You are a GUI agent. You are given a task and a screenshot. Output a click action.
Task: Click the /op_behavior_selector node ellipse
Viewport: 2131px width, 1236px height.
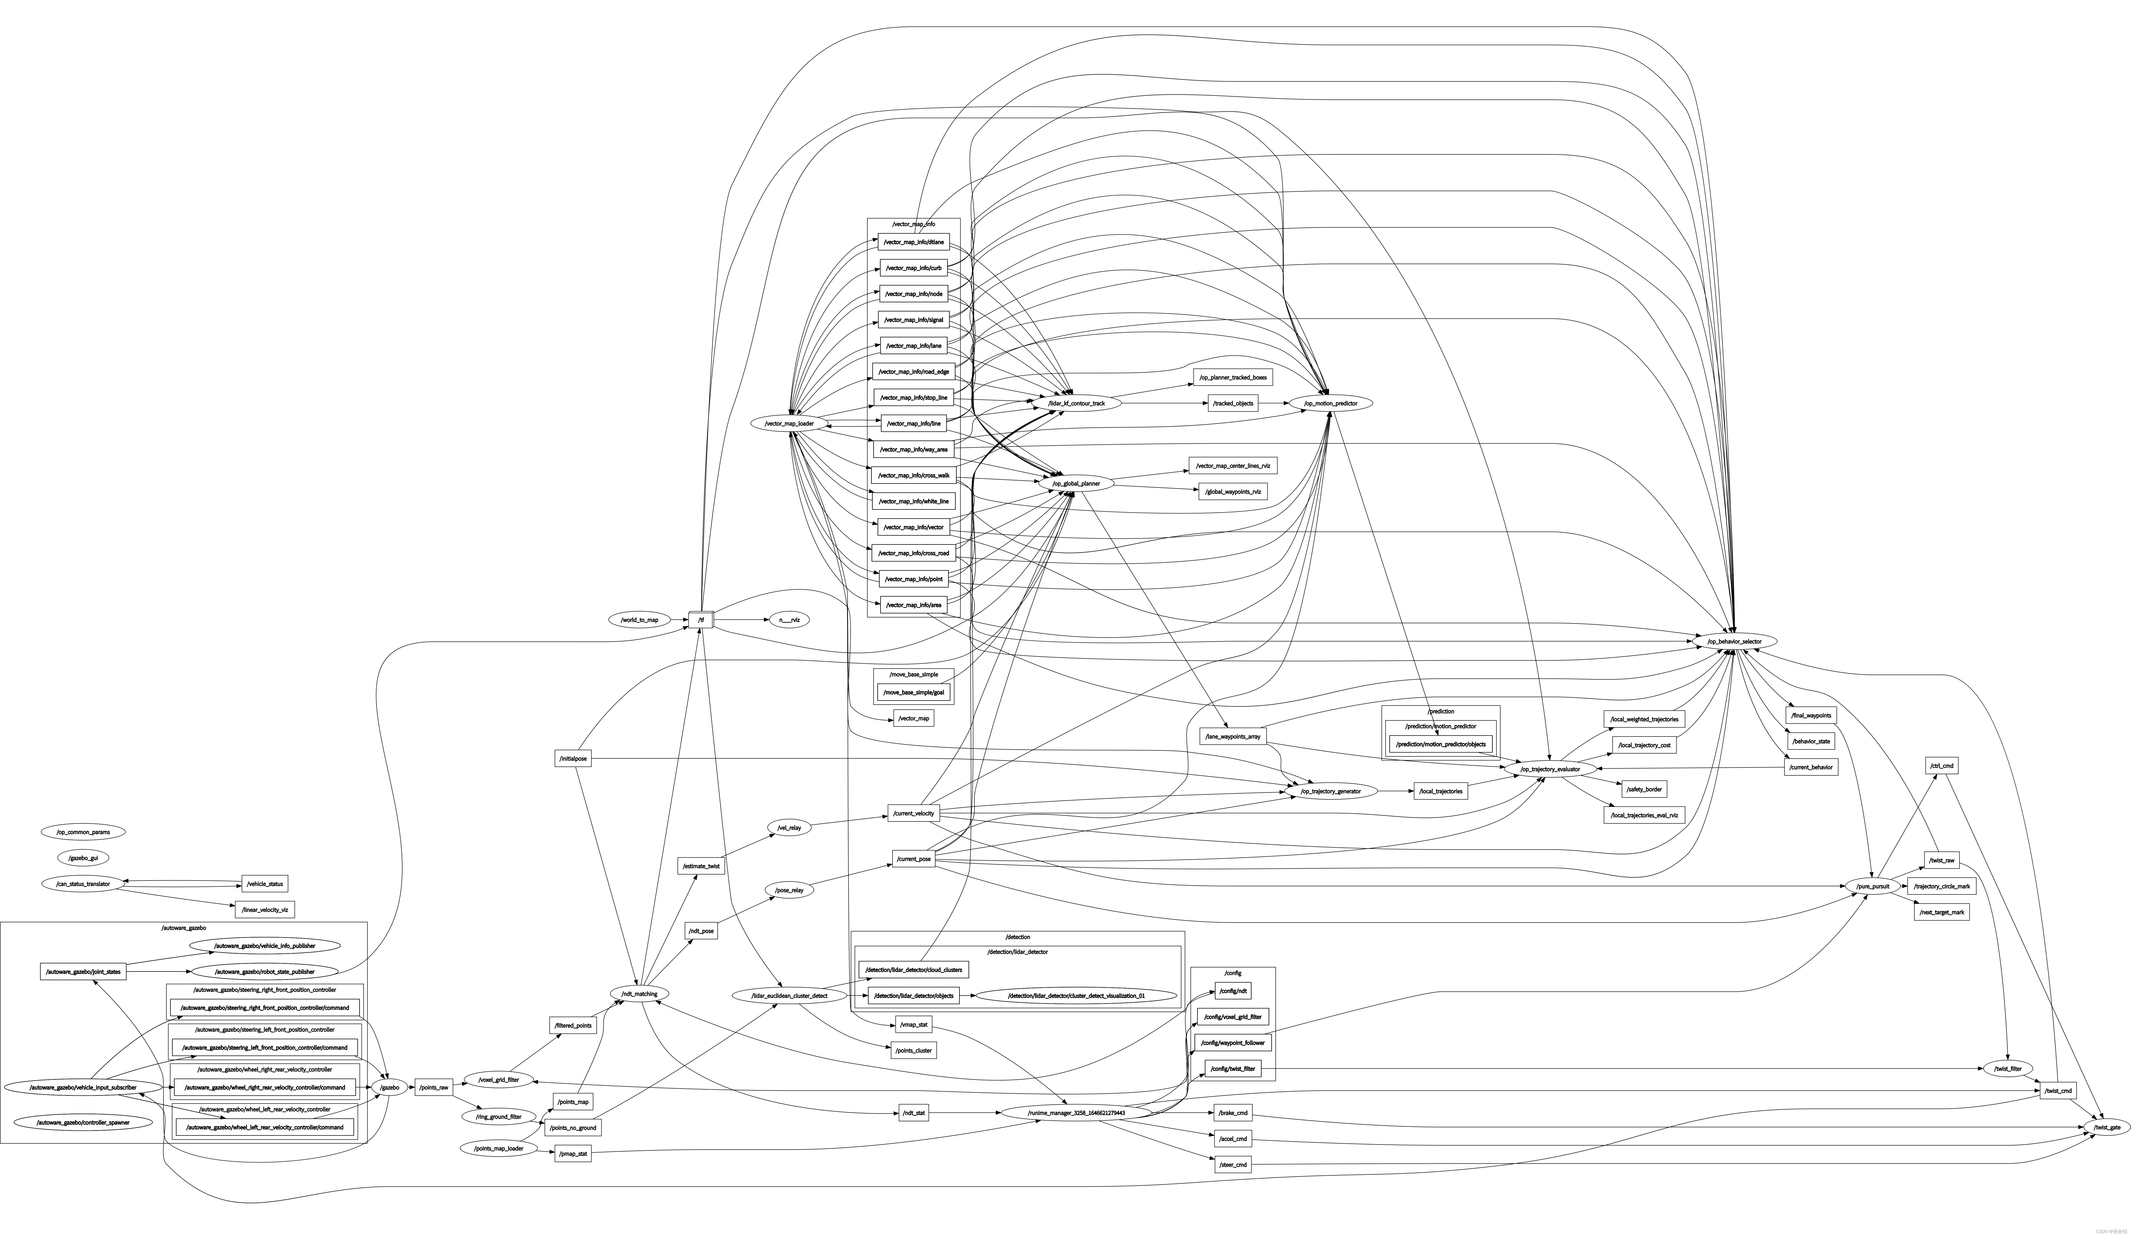(x=1734, y=641)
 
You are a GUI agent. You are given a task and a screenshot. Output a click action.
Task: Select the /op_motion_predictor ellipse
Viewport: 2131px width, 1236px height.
(x=1330, y=404)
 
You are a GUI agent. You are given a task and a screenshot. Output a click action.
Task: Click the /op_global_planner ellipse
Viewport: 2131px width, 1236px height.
(x=1076, y=484)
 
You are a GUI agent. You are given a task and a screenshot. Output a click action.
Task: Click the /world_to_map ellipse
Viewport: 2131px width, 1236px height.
(x=639, y=620)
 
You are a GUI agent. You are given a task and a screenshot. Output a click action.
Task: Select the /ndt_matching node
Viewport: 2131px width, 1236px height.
(x=639, y=994)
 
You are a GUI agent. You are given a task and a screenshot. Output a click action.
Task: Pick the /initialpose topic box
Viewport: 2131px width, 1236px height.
(x=573, y=759)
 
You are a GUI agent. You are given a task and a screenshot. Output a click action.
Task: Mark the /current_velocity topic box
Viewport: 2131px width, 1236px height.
(x=913, y=814)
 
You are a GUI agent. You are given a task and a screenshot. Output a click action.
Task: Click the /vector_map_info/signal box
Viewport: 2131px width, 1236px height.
(x=913, y=320)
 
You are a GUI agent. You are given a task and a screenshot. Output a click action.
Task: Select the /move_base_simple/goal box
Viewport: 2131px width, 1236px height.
(x=913, y=692)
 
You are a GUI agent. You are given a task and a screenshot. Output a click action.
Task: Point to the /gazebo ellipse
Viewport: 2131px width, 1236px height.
(x=390, y=1087)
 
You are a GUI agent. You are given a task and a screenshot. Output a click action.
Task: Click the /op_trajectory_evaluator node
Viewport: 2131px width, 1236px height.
(x=1550, y=769)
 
